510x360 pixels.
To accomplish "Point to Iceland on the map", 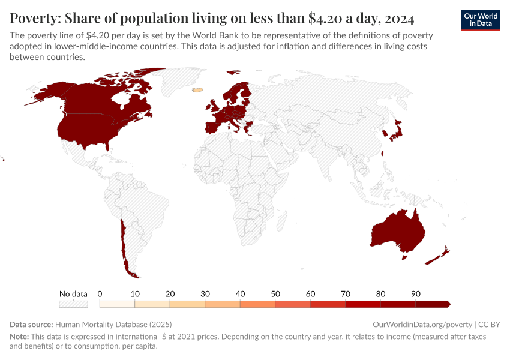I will click(197, 91).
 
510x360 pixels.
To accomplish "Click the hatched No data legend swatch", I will click(73, 304).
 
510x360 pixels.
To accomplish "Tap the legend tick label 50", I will click(275, 294).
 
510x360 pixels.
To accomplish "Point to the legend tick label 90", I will click(415, 294).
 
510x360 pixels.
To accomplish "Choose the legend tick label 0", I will click(100, 294).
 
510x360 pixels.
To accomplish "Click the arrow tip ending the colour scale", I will click(449, 304).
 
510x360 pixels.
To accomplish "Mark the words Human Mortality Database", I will click(98, 324).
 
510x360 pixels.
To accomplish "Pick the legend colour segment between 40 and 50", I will click(257, 304).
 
